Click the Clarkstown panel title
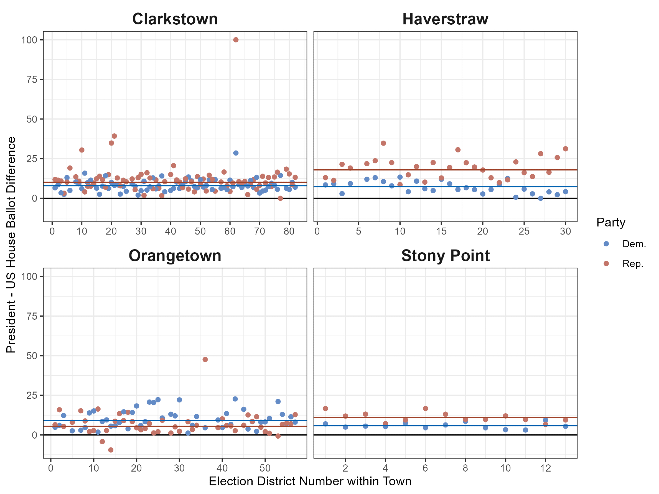[175, 19]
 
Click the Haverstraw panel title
[445, 19]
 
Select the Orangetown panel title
[175, 256]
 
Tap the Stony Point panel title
[445, 256]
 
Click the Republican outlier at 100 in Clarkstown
[236, 40]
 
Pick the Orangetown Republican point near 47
[205, 359]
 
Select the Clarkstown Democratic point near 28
[236, 153]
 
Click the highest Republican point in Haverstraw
[383, 143]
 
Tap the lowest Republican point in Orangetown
[111, 450]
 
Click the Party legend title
[611, 223]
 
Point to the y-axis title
[11, 244]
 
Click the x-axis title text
[310, 481]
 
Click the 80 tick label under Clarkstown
[289, 231]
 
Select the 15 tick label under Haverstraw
[441, 231]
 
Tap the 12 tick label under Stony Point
[545, 468]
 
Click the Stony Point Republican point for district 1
[325, 408]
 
